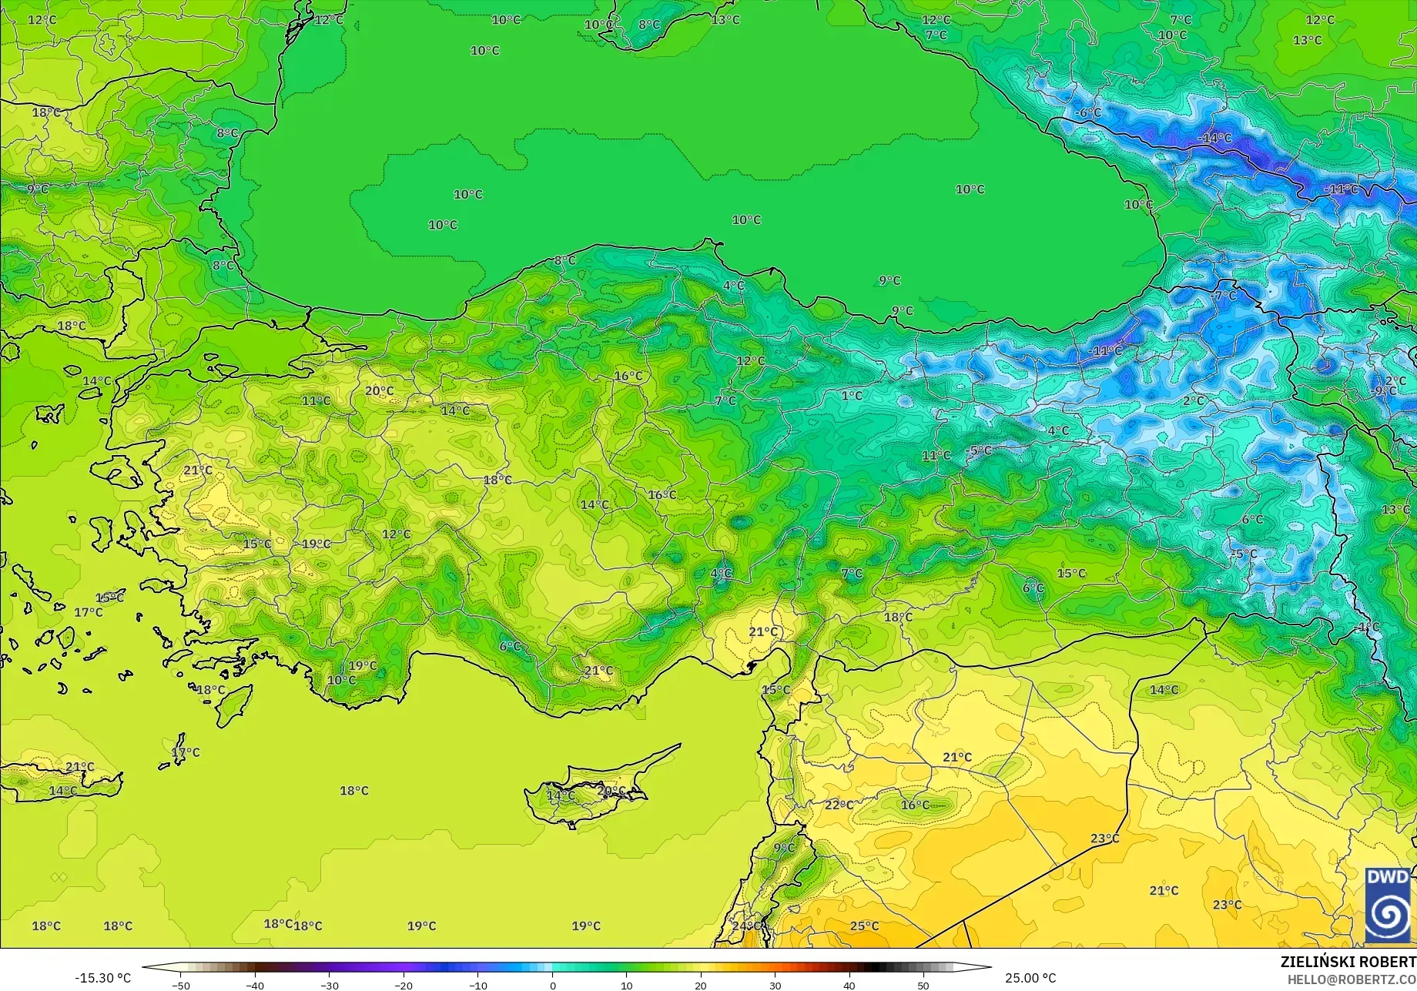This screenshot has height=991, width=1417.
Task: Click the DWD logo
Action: tap(1388, 906)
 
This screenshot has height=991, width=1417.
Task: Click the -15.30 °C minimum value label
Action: tap(102, 978)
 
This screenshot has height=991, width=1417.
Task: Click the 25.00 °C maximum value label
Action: tap(1030, 978)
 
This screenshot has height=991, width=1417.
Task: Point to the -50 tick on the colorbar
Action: tap(181, 985)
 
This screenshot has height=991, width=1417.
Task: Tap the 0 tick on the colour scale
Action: tap(552, 985)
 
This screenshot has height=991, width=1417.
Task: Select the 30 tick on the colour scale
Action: tap(775, 985)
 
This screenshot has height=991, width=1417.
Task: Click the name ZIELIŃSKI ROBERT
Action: tap(1348, 962)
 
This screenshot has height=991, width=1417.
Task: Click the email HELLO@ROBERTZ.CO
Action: tap(1352, 979)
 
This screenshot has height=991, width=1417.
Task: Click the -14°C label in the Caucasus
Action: tap(1214, 138)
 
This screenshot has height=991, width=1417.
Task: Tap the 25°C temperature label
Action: tap(864, 926)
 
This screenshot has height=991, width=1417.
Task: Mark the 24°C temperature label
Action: tap(745, 926)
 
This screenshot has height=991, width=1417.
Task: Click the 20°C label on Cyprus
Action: tap(611, 791)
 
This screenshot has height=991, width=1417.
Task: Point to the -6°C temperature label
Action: tap(1088, 112)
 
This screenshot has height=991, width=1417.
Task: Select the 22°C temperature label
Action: tap(839, 805)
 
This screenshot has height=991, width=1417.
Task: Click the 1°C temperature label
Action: tap(852, 395)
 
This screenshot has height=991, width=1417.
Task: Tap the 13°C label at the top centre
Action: tap(725, 19)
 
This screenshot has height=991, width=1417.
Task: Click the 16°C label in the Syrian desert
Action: tap(915, 805)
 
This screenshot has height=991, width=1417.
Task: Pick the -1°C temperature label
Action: tap(1368, 628)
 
